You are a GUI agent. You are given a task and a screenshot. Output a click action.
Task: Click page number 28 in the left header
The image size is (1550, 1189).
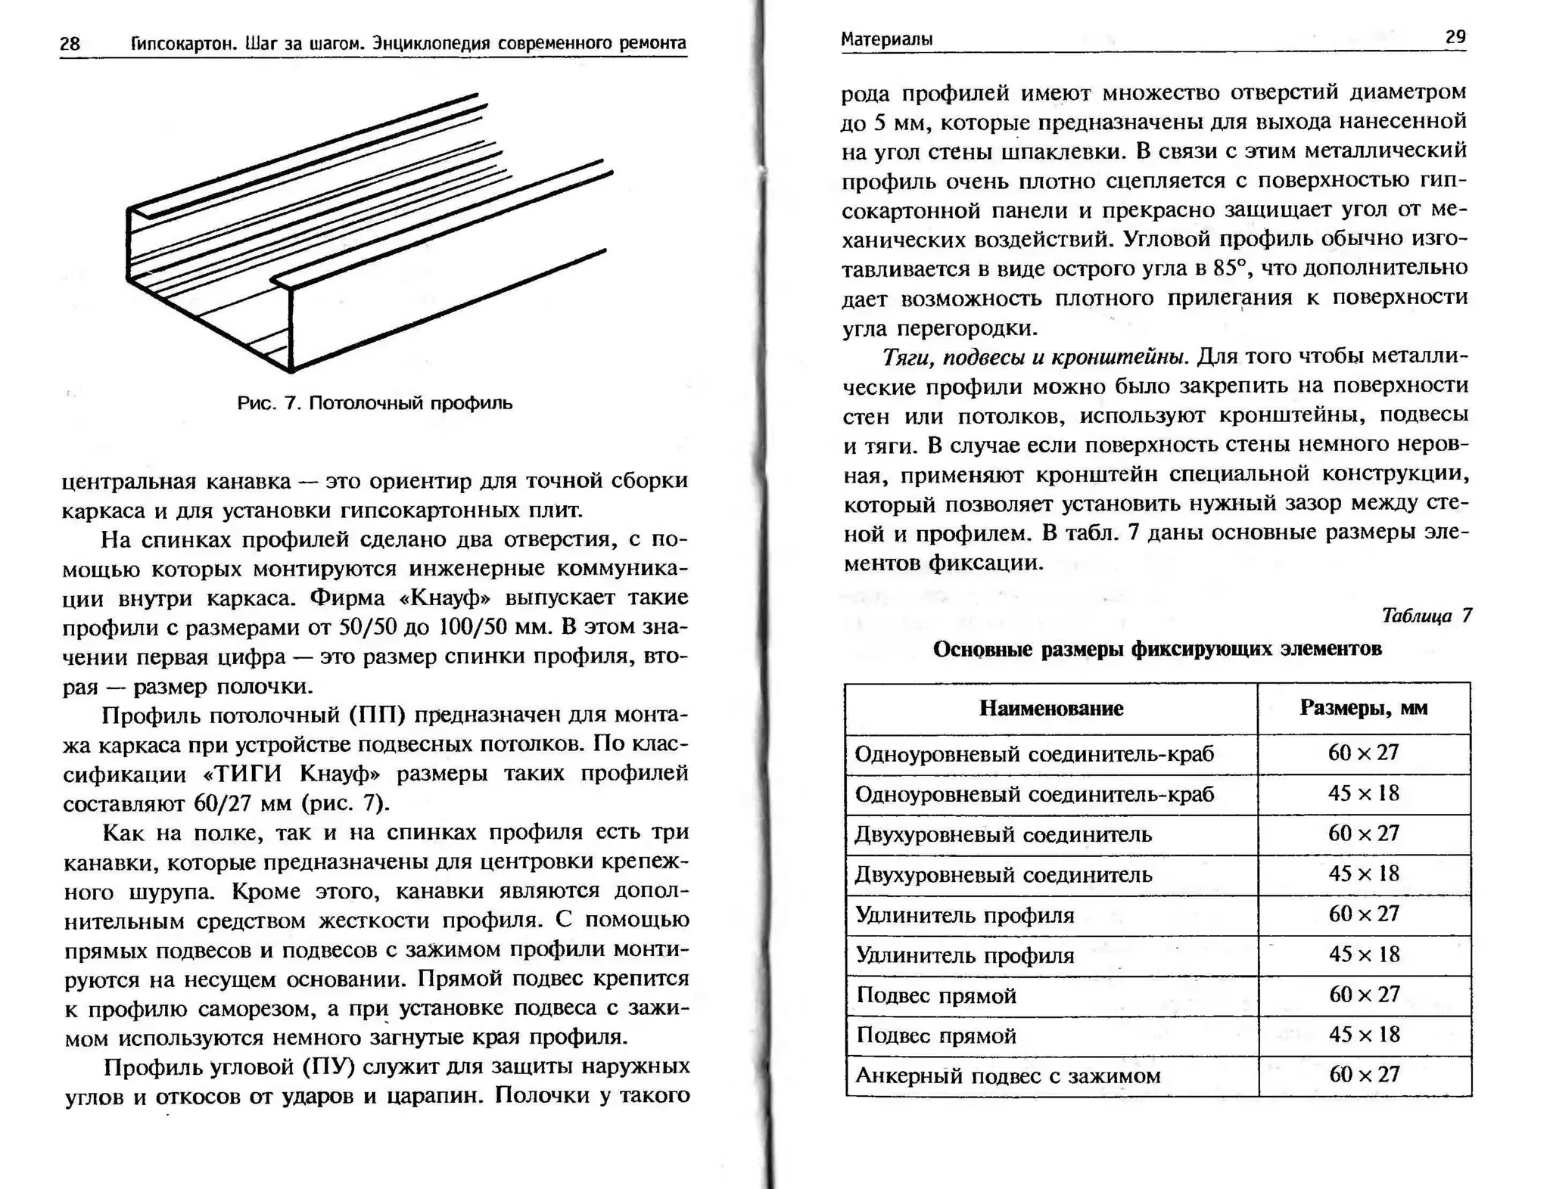coord(70,44)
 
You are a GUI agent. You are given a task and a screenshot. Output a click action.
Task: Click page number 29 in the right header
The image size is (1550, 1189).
coord(1455,37)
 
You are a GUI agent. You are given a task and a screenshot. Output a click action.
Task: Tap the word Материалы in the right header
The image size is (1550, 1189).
coord(886,39)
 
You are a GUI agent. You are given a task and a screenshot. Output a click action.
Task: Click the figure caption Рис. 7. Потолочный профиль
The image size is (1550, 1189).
coord(375,403)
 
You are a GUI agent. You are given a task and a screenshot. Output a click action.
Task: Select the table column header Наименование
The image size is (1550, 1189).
coord(1050,709)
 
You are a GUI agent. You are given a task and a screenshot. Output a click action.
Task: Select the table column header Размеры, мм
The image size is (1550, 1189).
coord(1364,708)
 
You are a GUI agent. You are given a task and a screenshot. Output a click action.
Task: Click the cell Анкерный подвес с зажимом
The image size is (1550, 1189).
coord(1007,1076)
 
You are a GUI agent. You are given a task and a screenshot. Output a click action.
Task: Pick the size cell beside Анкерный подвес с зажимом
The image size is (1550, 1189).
coord(1364,1075)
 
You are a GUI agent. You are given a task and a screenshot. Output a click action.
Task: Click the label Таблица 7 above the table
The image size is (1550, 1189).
coord(1426,616)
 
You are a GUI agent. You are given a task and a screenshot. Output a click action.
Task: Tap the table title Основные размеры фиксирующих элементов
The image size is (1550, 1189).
coord(1156,650)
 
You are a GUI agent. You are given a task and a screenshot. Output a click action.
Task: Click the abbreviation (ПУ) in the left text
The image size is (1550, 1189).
coord(328,1067)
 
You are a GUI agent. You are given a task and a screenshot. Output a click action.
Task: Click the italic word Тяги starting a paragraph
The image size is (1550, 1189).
coord(904,357)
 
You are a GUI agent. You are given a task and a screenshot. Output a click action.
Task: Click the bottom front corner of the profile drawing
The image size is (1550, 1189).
coord(291,371)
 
